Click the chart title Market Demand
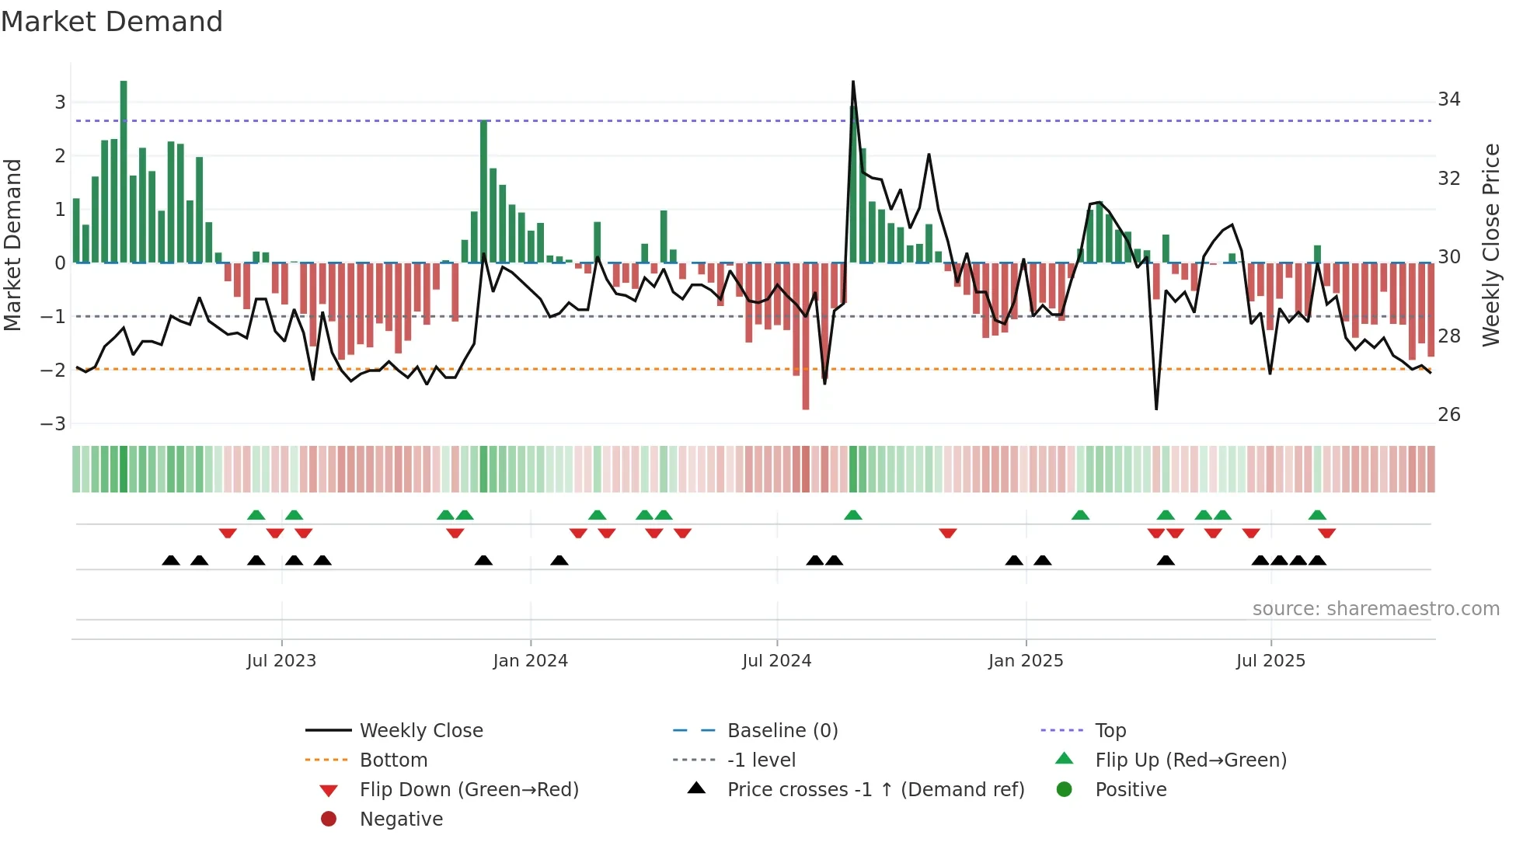112,22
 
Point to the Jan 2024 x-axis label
530,661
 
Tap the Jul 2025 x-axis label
1270,661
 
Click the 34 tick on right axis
1448,99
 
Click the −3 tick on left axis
54,424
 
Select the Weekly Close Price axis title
1490,245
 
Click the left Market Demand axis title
12,245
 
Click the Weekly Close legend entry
420,731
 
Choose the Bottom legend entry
393,760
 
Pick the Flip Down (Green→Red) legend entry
469,790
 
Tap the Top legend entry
1110,731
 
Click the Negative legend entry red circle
329,819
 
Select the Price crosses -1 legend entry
875,790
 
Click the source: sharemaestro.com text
1375,609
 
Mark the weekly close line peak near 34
853,82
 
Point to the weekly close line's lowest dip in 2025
1156,409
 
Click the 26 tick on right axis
1448,415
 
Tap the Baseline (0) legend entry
782,731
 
